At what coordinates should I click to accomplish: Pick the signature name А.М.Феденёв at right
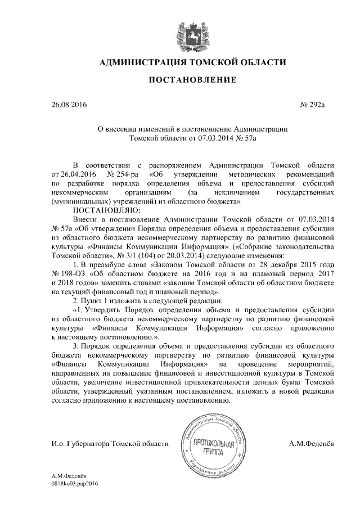coord(311,444)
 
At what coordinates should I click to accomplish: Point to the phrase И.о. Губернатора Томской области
coord(110,444)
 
